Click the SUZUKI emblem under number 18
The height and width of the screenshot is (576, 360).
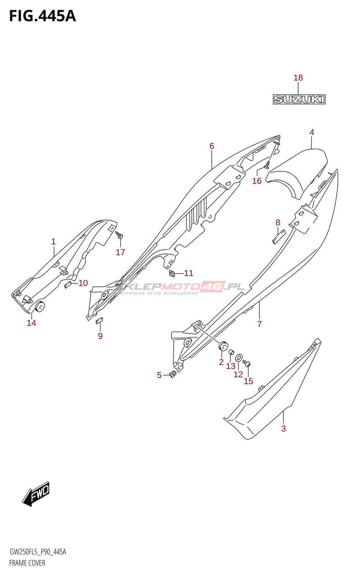299,99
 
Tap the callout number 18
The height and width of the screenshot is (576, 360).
298,78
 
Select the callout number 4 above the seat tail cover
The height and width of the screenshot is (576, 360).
312,132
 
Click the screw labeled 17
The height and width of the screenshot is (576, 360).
120,235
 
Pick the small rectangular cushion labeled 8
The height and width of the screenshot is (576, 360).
279,237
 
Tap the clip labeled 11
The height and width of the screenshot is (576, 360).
171,274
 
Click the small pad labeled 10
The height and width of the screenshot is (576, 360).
68,285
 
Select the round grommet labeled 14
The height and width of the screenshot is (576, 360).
40,306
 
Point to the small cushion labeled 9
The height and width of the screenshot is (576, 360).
99,320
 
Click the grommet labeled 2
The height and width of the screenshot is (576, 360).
223,346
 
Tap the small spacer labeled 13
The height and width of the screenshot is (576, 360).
231,352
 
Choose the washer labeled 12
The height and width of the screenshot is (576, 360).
239,357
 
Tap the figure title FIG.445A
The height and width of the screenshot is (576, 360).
42,16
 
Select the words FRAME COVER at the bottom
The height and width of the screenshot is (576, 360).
27,563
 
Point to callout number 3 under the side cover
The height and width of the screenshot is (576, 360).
283,428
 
